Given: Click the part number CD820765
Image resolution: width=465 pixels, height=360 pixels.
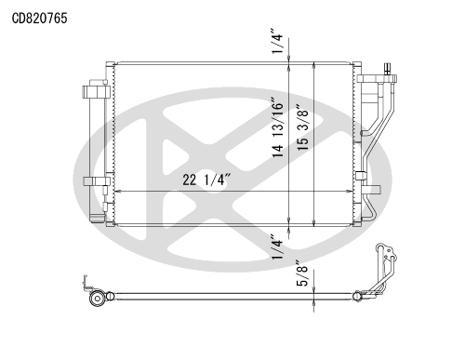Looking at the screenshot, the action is pos(39,19).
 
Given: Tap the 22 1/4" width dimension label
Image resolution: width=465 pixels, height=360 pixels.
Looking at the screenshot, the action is pos(206,180).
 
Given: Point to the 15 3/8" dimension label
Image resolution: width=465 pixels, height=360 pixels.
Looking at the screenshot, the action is pos(303,127).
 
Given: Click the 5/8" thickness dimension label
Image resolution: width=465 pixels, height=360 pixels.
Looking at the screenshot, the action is pos(302,273).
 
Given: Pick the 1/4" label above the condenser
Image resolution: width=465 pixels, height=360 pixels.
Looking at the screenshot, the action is pos(277,41).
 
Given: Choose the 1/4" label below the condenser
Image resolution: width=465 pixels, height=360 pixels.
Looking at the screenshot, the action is pos(277,247).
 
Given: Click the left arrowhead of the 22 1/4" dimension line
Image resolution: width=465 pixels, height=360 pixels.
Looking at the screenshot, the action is pos(117,192).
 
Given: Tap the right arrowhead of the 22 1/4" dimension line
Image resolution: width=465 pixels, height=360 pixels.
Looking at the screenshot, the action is pos(350,192).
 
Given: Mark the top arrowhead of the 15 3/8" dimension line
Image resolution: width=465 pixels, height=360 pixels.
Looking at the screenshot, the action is pos(314,65).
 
